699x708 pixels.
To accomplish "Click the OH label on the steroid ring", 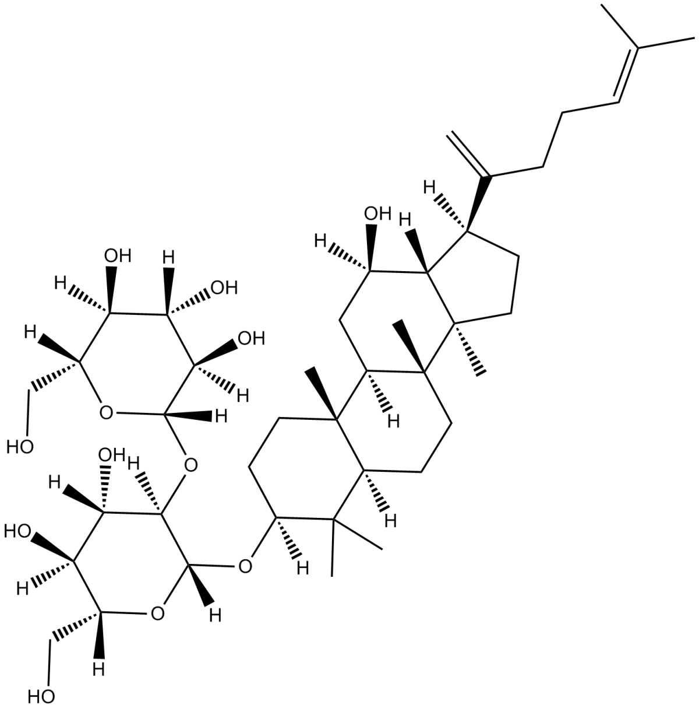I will coord(377,214).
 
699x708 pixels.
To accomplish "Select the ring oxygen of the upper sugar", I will coord(105,413).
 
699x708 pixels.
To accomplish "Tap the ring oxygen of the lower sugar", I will coord(156,613).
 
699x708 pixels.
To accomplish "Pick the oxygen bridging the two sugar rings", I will coord(189,465).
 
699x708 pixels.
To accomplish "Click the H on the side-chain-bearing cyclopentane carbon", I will coord(430,187).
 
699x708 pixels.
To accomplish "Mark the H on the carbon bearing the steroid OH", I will coord(319,240).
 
